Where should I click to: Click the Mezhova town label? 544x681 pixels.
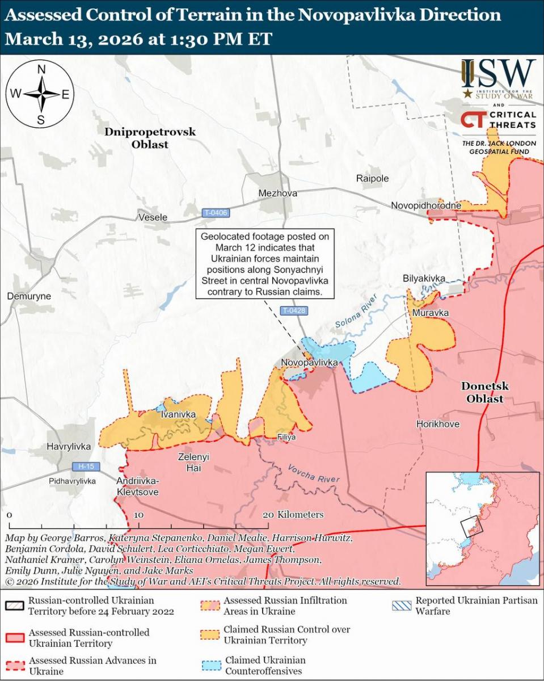click(277, 194)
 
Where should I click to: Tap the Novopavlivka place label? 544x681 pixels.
click(310, 362)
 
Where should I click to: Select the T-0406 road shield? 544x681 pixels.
click(216, 213)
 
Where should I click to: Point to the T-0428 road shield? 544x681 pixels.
click(294, 310)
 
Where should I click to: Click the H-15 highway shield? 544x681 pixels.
click(86, 466)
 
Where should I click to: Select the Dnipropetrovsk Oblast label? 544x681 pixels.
click(150, 138)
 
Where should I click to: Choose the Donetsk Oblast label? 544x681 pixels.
click(484, 392)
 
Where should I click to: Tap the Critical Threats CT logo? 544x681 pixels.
click(471, 120)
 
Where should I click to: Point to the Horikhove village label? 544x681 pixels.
click(437, 424)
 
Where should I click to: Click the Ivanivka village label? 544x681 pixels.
click(178, 415)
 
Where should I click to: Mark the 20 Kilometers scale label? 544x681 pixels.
click(293, 515)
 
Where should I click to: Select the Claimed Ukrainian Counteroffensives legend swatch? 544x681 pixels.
click(210, 665)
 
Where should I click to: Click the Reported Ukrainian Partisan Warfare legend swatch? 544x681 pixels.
click(402, 606)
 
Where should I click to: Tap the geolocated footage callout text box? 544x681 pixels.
click(264, 264)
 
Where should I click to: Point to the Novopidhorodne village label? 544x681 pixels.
click(426, 205)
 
